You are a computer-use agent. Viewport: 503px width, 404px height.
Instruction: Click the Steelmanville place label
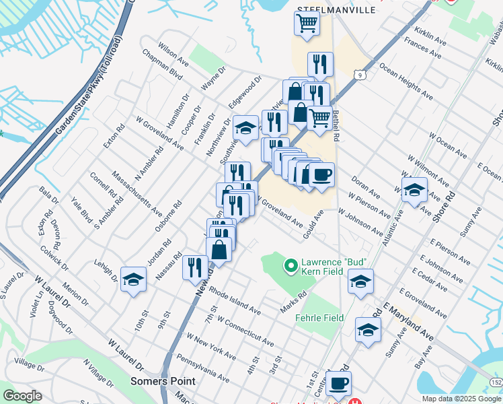[x=327, y=9]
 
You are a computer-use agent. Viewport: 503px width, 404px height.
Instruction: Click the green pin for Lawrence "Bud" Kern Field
[x=291, y=267]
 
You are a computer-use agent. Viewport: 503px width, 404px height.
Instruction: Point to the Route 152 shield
[x=496, y=382]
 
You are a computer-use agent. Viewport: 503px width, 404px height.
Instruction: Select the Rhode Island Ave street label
[x=235, y=302]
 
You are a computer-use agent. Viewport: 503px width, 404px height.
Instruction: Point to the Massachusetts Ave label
[x=138, y=193]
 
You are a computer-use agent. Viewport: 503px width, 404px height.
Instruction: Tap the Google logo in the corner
[x=23, y=396]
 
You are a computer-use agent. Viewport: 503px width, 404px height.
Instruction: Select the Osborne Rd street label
[x=167, y=216]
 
